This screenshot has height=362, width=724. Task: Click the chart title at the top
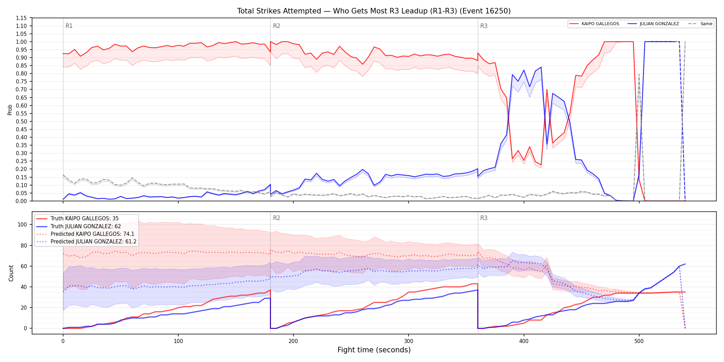click(x=374, y=11)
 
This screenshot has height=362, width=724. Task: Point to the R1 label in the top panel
click(x=69, y=26)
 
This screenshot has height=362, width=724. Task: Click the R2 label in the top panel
click(x=276, y=26)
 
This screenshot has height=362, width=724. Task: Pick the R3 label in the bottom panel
click(x=484, y=218)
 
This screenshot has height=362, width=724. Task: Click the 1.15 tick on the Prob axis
click(x=21, y=18)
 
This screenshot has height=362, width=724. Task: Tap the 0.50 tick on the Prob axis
click(x=21, y=121)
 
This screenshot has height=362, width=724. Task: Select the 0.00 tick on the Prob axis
click(x=21, y=201)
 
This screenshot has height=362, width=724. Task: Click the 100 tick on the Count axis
click(x=22, y=224)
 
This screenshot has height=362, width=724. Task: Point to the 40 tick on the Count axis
click(x=24, y=287)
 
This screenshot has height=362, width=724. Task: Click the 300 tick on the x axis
click(x=409, y=341)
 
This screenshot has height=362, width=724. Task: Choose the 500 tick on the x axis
click(x=639, y=341)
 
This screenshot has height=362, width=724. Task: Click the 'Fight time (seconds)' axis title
click(x=374, y=350)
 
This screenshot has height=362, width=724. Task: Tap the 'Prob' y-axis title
click(x=10, y=110)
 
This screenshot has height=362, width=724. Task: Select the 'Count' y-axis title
click(x=11, y=273)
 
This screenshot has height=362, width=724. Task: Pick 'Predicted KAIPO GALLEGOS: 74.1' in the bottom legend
click(x=92, y=234)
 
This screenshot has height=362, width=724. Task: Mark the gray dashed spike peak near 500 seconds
click(x=639, y=74)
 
